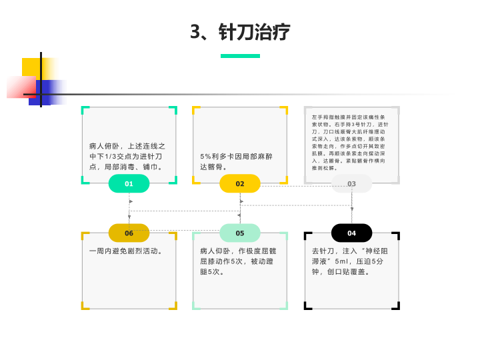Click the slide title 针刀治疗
coord(241,32)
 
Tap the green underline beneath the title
coord(240,56)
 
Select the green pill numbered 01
coord(129,183)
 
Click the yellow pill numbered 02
coord(240,183)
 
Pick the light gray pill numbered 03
coord(351,183)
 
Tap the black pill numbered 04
coord(351,233)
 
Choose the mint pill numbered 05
coord(240,233)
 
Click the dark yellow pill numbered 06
coord(129,233)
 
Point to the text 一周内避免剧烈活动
coord(126,251)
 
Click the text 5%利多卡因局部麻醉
coord(237,156)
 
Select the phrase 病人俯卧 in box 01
coord(104,145)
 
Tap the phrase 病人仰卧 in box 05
coord(215,251)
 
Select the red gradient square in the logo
coord(19,87)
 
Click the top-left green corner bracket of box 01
coord(84,109)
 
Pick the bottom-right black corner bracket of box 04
coord(397,307)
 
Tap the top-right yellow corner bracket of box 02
coord(285,109)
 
